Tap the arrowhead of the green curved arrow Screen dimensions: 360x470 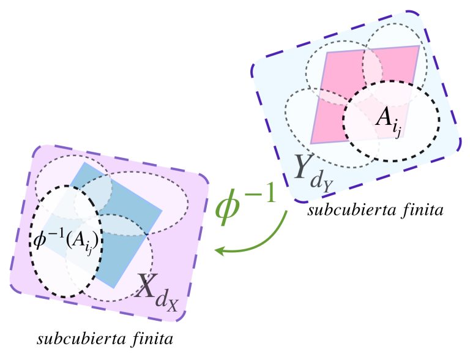point(218,250)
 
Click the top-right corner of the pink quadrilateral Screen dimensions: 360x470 point(420,46)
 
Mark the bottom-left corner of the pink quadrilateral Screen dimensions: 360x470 point(311,144)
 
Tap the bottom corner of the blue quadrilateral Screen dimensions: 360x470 point(114,287)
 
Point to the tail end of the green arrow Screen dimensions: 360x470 point(286,211)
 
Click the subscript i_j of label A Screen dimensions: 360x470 point(399,130)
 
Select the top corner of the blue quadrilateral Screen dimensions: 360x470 point(83,163)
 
